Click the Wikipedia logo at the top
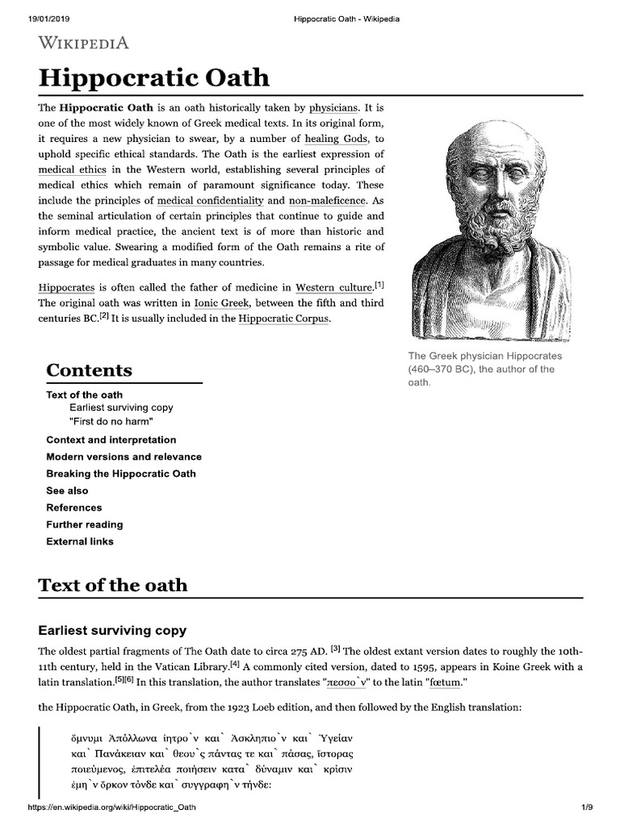[x=84, y=43]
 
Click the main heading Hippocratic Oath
[x=153, y=79]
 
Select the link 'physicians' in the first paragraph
[x=334, y=106]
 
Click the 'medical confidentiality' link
[x=210, y=200]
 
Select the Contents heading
[x=89, y=370]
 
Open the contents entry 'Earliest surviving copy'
[x=121, y=408]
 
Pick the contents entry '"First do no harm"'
[x=111, y=422]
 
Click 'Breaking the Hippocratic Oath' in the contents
[x=121, y=473]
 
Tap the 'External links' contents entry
[x=79, y=541]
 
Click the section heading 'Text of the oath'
[x=113, y=585]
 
